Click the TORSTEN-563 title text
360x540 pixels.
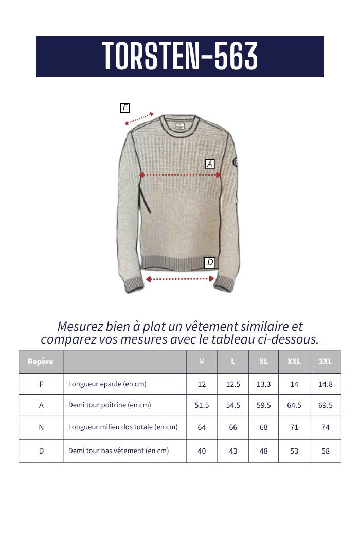[179, 57]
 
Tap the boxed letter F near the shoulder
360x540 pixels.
[124, 108]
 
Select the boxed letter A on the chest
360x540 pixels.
[209, 164]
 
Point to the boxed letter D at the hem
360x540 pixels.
[209, 263]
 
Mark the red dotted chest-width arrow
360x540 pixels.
[180, 175]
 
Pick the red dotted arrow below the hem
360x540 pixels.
[180, 279]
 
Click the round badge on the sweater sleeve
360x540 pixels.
[236, 163]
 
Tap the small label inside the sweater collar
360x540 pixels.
[178, 125]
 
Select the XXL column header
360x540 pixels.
[294, 362]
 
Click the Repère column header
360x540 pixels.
[41, 362]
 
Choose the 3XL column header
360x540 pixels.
[326, 362]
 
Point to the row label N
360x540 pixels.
[41, 427]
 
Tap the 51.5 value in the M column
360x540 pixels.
[202, 405]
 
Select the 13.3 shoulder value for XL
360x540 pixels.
[263, 384]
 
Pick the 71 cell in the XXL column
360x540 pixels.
[294, 427]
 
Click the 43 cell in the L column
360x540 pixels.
[233, 451]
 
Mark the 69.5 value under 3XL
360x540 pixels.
[326, 405]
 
